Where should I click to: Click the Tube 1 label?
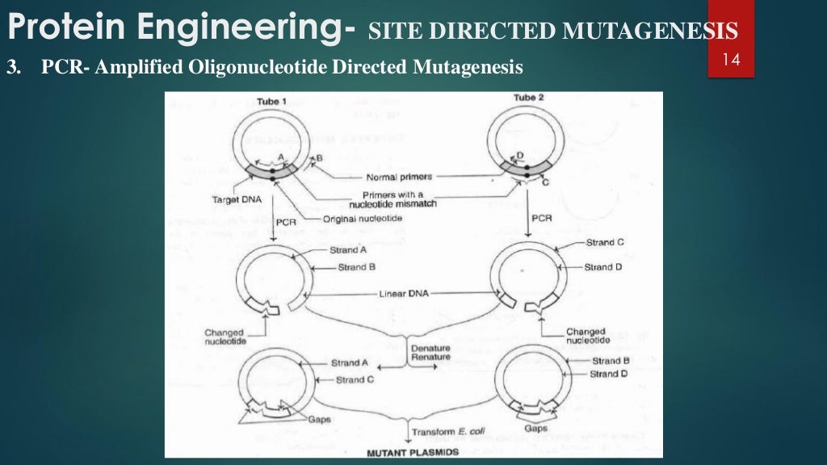[272, 101]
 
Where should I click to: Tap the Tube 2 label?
[528, 98]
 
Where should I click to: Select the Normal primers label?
[398, 177]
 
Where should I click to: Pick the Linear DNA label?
[404, 294]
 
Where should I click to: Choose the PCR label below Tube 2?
[542, 218]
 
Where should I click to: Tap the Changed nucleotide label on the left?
[225, 337]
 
